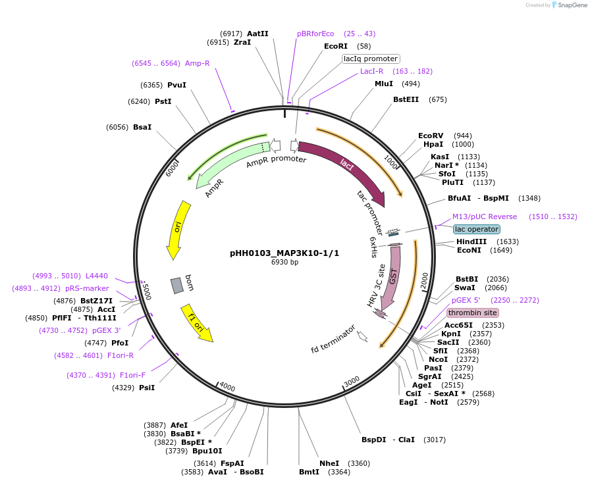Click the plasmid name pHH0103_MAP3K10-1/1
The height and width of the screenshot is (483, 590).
[x=284, y=253]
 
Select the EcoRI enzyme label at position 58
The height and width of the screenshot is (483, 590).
[x=335, y=46]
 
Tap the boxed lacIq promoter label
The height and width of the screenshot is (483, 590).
[x=371, y=59]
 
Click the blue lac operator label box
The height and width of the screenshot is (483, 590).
[x=476, y=229]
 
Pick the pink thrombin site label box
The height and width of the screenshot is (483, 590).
[x=472, y=313]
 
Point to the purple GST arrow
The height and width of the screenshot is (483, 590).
[x=393, y=276]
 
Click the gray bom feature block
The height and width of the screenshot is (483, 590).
[x=176, y=285]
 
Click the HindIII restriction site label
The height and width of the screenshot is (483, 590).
[x=471, y=241]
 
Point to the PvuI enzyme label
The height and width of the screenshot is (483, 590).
[x=176, y=85]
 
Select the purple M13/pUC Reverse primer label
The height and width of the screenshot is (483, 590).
[x=485, y=216]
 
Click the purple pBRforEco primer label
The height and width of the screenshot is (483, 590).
[x=315, y=34]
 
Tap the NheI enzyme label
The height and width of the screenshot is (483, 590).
[x=329, y=463]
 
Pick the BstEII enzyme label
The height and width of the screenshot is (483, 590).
[x=406, y=99]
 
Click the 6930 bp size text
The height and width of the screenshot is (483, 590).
[x=284, y=262]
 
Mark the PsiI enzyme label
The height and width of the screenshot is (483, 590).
[x=147, y=388]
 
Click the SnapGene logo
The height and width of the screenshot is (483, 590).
[x=568, y=5]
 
